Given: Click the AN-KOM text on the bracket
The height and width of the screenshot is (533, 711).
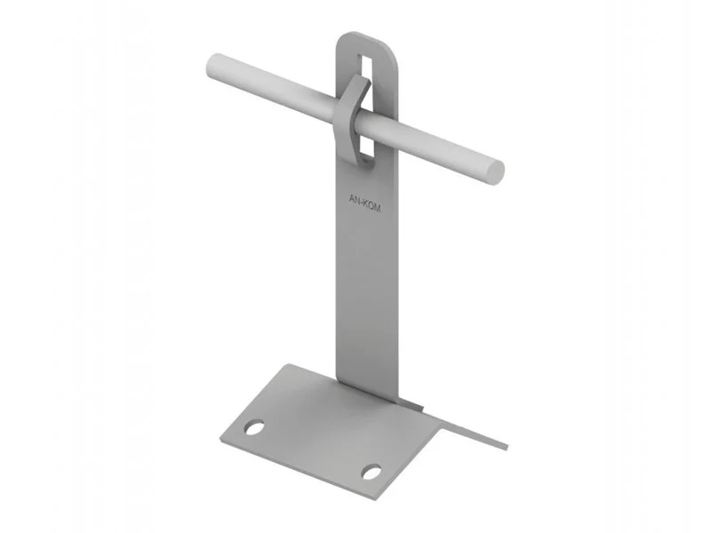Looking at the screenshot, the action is click(x=364, y=203).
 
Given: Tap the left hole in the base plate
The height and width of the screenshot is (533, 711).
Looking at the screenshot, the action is click(x=254, y=427).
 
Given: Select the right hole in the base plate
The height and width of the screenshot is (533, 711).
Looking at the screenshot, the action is click(x=371, y=472).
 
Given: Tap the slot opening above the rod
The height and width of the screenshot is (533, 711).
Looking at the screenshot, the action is click(x=363, y=68).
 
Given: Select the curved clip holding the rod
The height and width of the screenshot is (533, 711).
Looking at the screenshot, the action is click(x=350, y=119).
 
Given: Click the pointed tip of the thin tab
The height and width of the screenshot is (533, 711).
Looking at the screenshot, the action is click(x=506, y=447).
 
